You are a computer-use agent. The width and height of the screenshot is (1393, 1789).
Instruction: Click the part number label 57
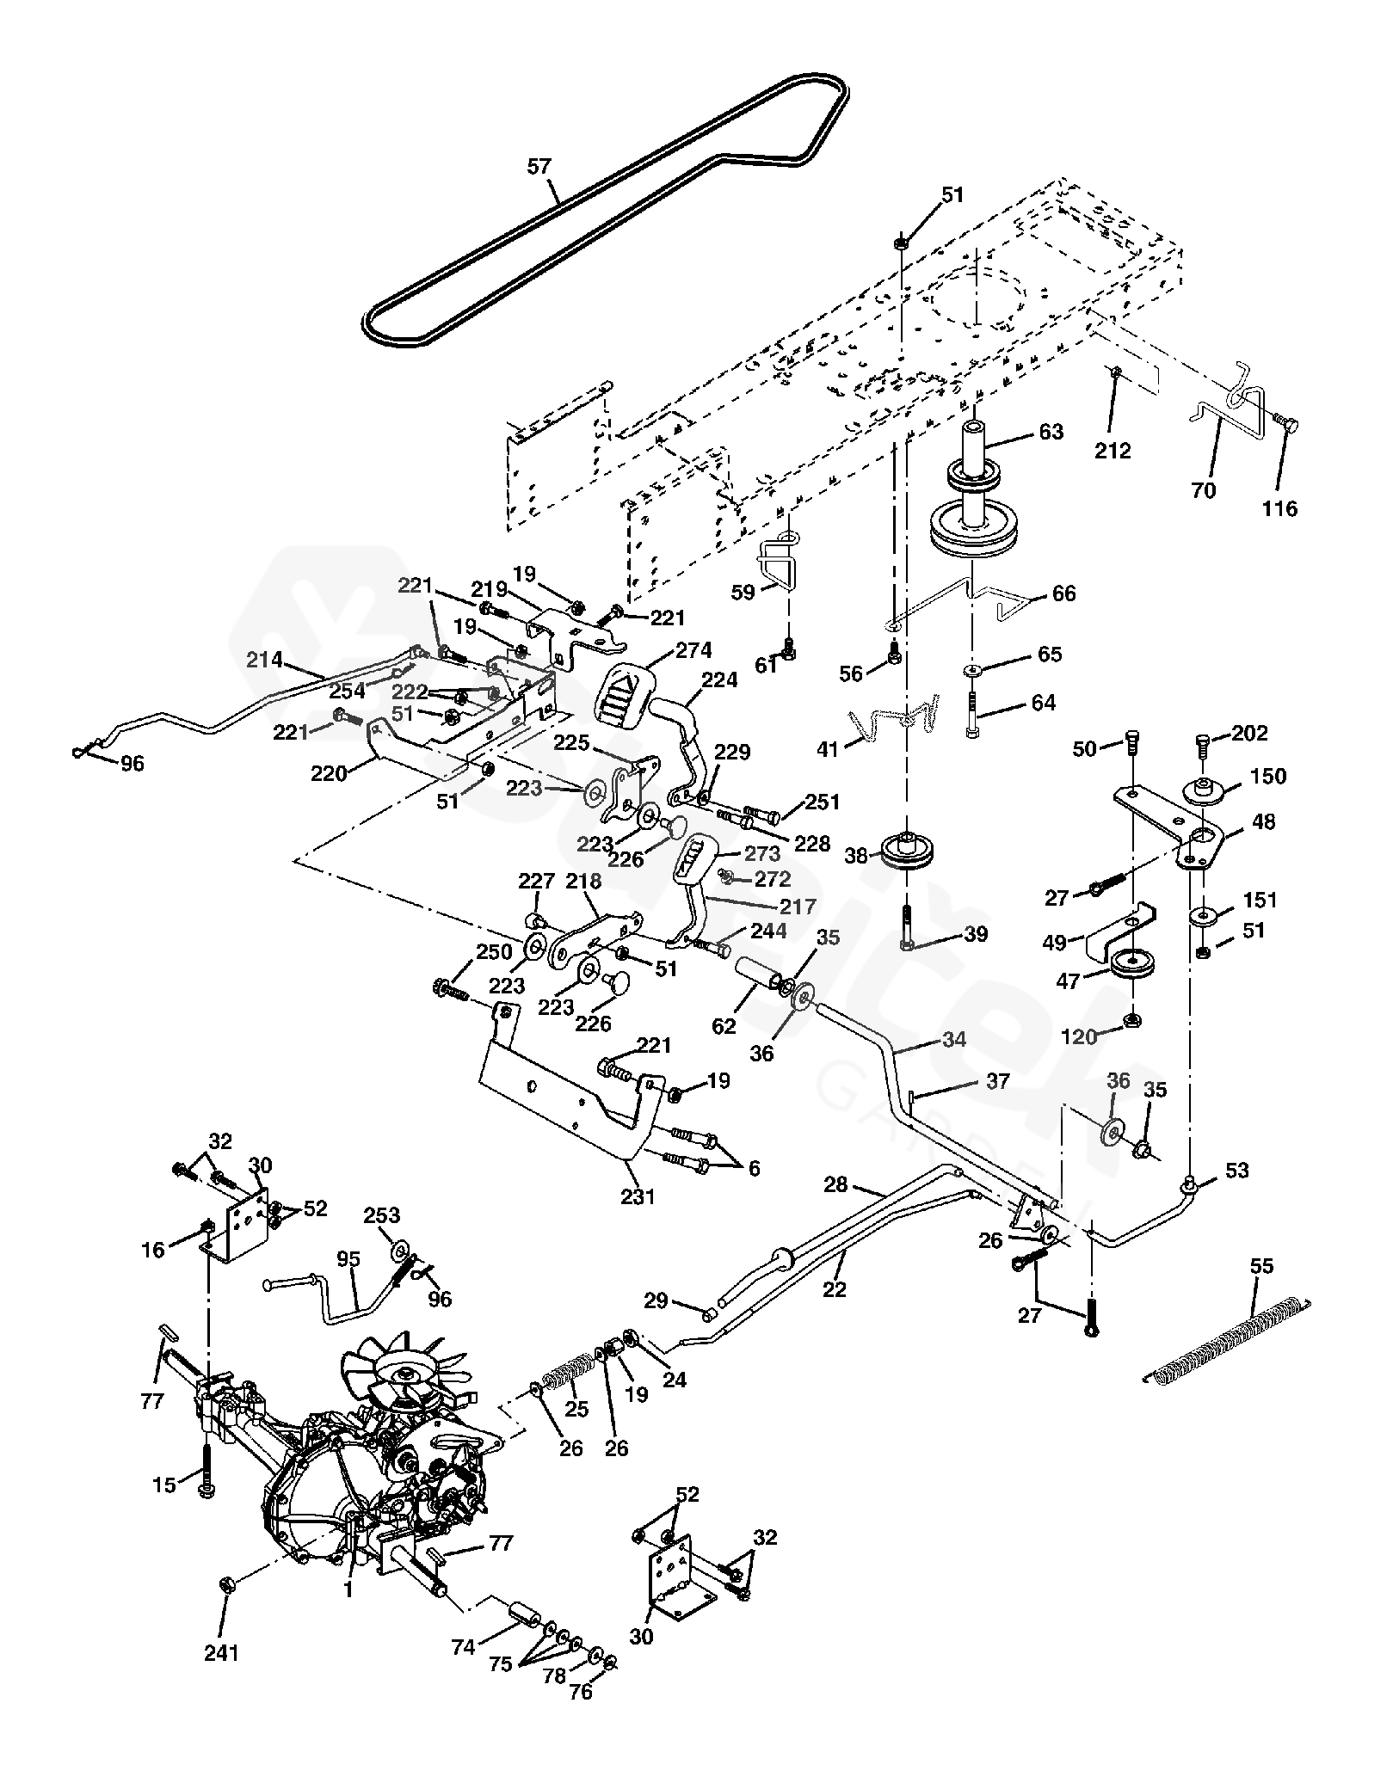(x=539, y=167)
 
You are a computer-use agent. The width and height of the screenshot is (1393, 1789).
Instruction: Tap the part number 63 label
(x=1051, y=432)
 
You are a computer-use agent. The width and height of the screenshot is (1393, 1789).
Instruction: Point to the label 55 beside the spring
(x=1262, y=1267)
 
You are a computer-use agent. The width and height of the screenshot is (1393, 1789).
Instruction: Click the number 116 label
(x=1279, y=509)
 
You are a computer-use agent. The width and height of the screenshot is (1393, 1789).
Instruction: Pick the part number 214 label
(x=264, y=660)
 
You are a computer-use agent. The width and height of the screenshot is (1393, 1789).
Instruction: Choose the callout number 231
(x=638, y=1196)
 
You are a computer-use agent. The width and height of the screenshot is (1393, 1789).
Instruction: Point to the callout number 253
(x=382, y=1215)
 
